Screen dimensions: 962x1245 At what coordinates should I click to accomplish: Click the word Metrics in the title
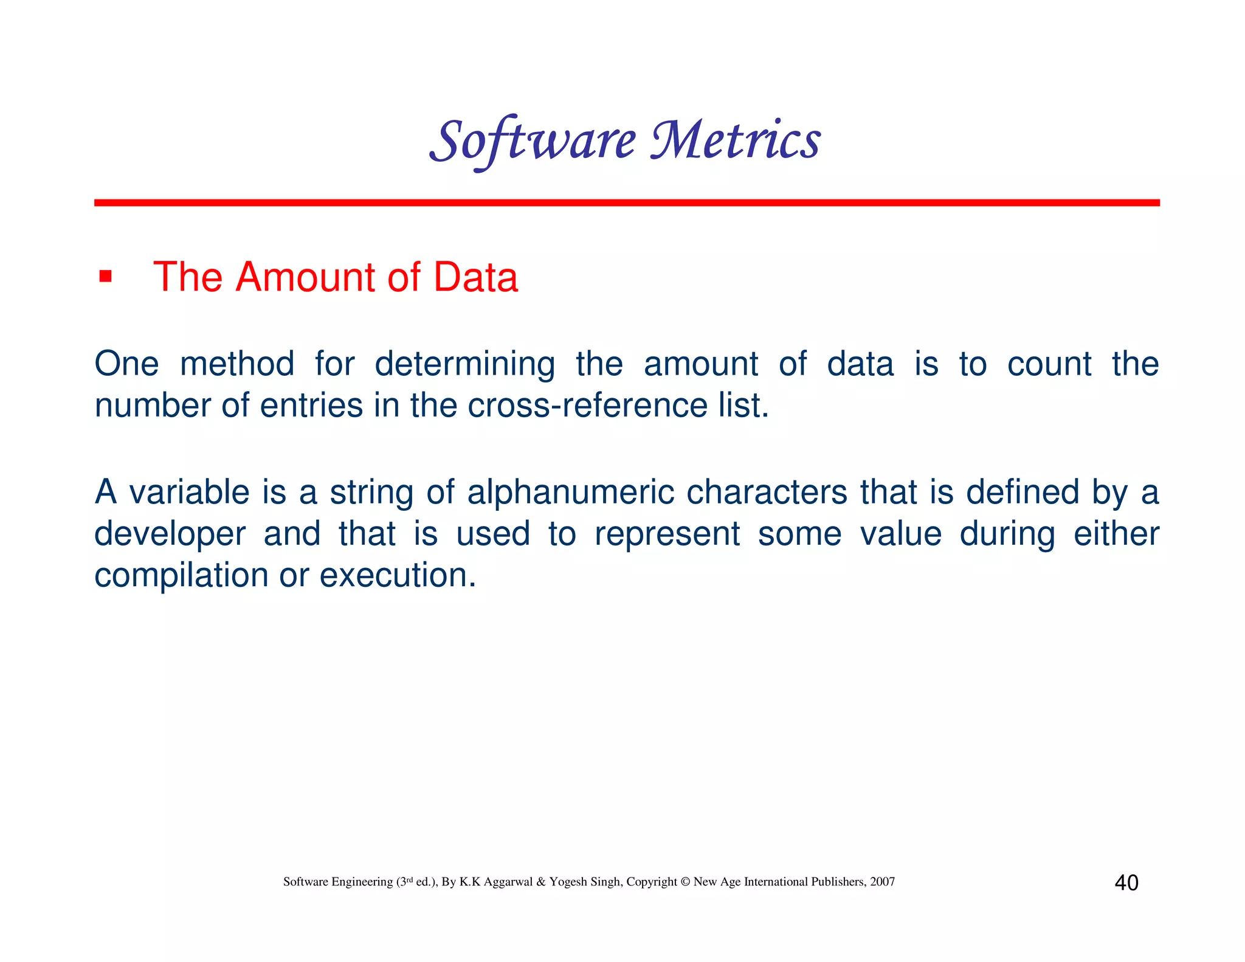(736, 141)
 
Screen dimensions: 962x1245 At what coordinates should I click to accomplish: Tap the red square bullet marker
(106, 277)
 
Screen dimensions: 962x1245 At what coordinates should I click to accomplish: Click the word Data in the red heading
(475, 277)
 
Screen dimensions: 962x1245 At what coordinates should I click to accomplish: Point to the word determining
(464, 364)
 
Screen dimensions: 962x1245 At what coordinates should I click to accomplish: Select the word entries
(311, 405)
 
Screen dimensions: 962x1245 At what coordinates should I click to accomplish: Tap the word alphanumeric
(570, 492)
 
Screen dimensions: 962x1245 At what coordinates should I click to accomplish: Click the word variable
(189, 492)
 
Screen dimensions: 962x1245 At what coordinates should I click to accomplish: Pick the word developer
(170, 534)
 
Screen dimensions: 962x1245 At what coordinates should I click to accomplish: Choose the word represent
(667, 534)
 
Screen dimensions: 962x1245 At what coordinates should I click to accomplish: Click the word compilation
(181, 575)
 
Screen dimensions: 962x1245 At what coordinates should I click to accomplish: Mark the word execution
(398, 575)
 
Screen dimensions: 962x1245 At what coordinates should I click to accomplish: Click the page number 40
(1126, 882)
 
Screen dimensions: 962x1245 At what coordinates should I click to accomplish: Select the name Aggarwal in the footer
(508, 882)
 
